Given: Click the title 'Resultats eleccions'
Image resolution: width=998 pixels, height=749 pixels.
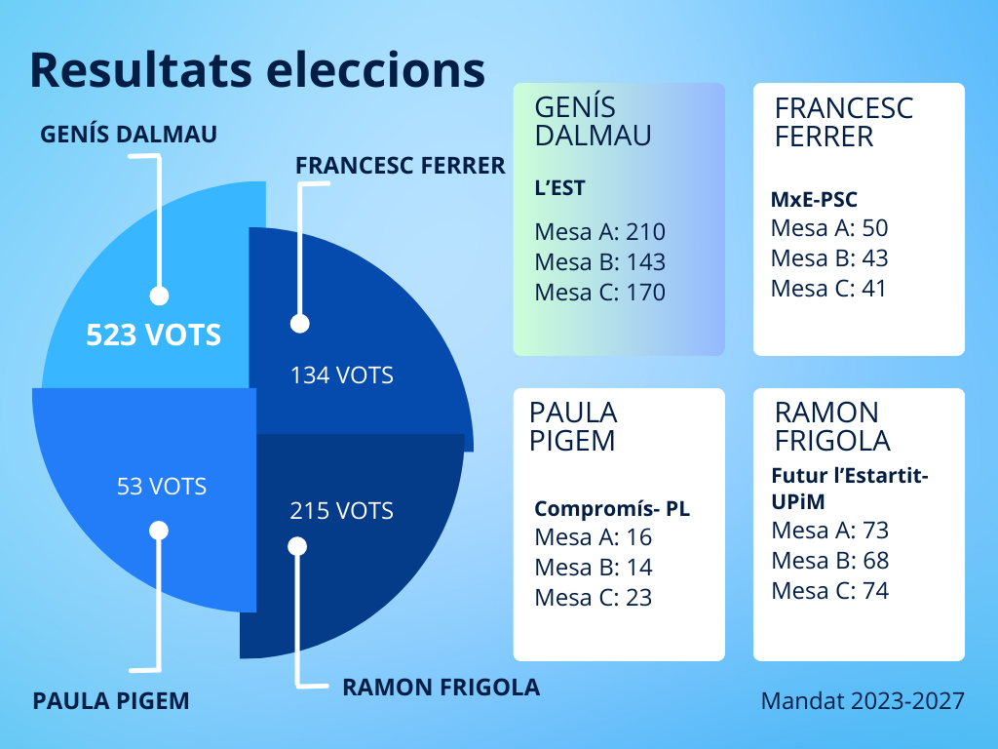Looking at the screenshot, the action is (257, 69).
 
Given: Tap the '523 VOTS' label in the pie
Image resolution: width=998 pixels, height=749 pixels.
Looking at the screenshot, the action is (153, 335).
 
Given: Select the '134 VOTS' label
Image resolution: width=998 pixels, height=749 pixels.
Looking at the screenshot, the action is (342, 375).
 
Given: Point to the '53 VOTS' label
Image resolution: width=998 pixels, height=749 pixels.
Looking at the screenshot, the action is (162, 487).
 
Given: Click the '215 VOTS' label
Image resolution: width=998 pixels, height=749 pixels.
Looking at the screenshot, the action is (342, 511).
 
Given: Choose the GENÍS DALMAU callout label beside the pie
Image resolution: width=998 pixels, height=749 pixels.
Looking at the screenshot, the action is (129, 135).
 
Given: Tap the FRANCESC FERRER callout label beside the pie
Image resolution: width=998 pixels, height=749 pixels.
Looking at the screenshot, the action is (401, 166).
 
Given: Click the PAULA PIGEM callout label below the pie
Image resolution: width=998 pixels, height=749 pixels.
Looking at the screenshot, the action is (111, 701).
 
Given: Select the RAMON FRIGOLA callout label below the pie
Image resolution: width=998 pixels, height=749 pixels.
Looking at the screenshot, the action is (441, 688).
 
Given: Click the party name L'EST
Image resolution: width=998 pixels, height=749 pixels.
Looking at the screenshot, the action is (559, 188).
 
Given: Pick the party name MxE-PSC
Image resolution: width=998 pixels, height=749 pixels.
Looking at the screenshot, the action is (814, 199).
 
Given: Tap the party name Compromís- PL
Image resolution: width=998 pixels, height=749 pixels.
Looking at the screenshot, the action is (612, 508).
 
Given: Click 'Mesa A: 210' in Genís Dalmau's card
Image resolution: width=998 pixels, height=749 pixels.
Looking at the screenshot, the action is (600, 232).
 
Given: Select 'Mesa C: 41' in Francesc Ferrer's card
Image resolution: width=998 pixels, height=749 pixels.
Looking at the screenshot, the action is (828, 289).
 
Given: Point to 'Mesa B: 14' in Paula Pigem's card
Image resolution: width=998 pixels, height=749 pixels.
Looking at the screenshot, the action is (594, 567).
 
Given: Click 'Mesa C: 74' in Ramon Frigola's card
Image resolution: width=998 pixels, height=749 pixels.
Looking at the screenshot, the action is (830, 590).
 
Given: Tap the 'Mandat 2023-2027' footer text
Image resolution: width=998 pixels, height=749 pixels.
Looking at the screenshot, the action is (863, 700).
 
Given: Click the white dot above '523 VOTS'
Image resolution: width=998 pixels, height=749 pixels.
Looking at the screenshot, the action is (159, 296).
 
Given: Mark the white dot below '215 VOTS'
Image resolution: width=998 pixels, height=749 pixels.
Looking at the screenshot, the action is (297, 546).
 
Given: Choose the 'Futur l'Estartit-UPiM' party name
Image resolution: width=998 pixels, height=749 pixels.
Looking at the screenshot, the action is (850, 489).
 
